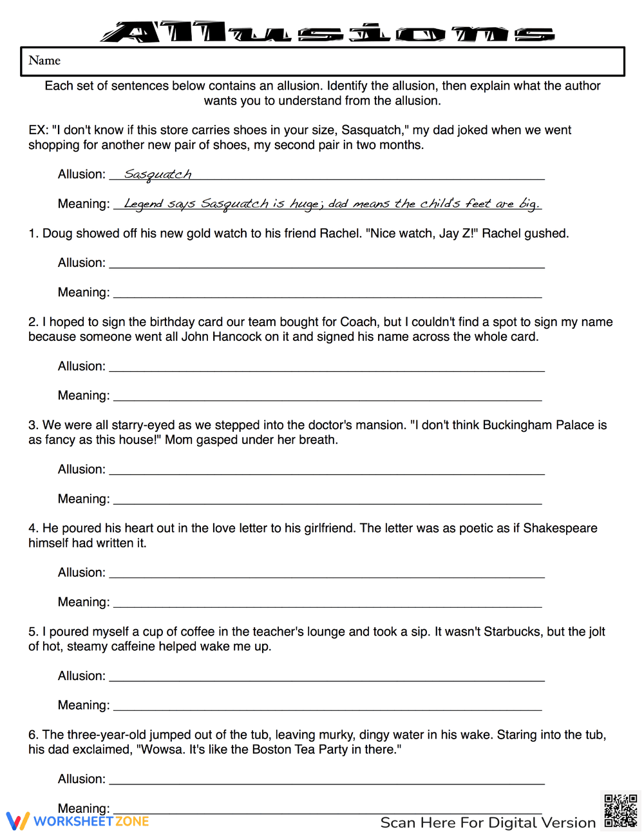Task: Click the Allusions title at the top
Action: click(x=327, y=32)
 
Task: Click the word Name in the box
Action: click(x=44, y=61)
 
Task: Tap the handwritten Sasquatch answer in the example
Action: click(x=158, y=175)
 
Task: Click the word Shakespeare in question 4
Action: click(x=560, y=528)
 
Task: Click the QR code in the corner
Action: click(x=620, y=810)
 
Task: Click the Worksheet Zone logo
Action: click(x=78, y=821)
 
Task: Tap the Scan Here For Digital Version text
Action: click(x=488, y=822)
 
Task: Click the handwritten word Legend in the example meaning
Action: click(x=143, y=204)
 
